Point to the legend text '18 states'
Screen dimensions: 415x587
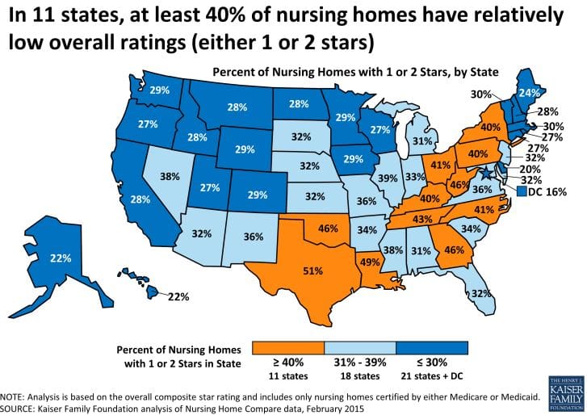coord(356,376)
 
